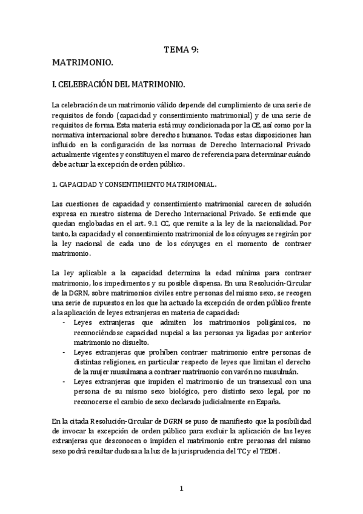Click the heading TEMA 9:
181,52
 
